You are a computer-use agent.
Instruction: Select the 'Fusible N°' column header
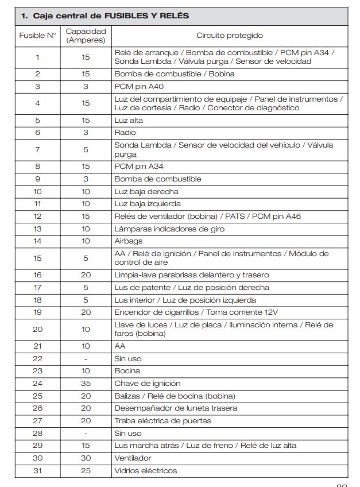click(38, 36)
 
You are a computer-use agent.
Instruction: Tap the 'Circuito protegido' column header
click(230, 36)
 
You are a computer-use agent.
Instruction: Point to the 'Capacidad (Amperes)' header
click(86, 36)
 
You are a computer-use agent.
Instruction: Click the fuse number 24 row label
click(38, 384)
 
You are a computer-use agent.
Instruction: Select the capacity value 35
click(86, 384)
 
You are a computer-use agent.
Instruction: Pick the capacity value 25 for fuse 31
click(86, 471)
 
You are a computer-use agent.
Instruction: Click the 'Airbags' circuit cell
click(129, 241)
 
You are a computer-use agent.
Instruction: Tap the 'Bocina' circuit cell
click(127, 371)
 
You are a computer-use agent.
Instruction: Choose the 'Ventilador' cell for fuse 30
click(133, 458)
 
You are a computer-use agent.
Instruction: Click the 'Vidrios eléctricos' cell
click(146, 471)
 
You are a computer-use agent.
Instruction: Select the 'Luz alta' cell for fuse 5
click(129, 121)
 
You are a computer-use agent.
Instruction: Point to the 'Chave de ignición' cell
click(148, 384)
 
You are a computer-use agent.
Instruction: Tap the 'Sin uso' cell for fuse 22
click(128, 358)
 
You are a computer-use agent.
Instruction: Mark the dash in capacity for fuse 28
click(86, 434)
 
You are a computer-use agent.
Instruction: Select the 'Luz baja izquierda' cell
click(148, 204)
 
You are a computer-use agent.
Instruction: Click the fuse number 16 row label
click(38, 275)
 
